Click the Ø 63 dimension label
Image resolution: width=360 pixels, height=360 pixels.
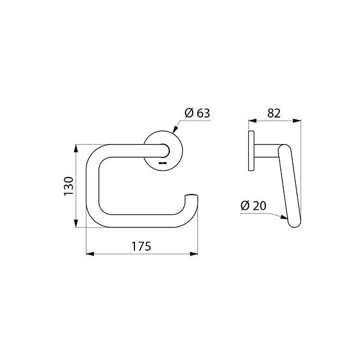click(197, 113)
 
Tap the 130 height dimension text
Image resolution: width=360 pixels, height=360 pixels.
click(68, 186)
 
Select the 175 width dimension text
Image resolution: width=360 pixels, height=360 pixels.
click(141, 247)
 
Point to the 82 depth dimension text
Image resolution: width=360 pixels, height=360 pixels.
click(274, 113)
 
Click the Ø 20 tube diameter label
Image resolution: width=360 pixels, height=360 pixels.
click(253, 205)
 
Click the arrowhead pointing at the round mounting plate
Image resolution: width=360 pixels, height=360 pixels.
click(175, 129)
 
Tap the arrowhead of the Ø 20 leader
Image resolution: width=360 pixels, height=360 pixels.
click(284, 217)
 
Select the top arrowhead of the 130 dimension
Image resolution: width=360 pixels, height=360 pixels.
click(76, 148)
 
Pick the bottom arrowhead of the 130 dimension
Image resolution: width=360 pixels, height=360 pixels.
click(76, 223)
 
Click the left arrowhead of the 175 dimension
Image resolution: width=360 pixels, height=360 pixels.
click(90, 254)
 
